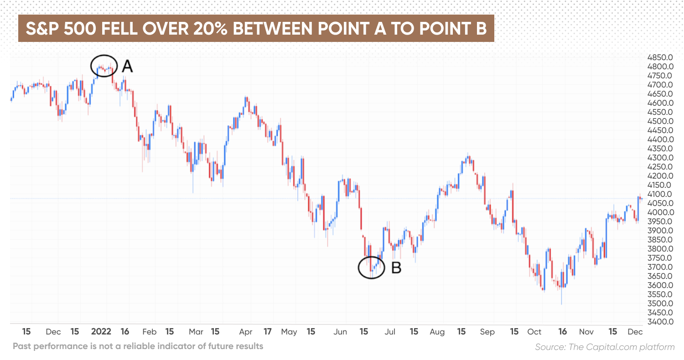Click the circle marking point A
click(104, 67)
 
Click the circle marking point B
click(372, 267)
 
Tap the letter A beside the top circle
click(127, 67)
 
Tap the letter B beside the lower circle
click(396, 268)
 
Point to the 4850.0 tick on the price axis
click(660, 57)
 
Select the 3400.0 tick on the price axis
click(660, 322)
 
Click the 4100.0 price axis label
click(660, 194)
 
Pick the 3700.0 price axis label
click(660, 267)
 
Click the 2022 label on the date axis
click(101, 332)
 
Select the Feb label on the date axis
click(149, 332)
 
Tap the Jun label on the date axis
click(340, 332)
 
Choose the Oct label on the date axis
click(534, 332)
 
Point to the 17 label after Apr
click(268, 332)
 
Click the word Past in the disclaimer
click(23, 346)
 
